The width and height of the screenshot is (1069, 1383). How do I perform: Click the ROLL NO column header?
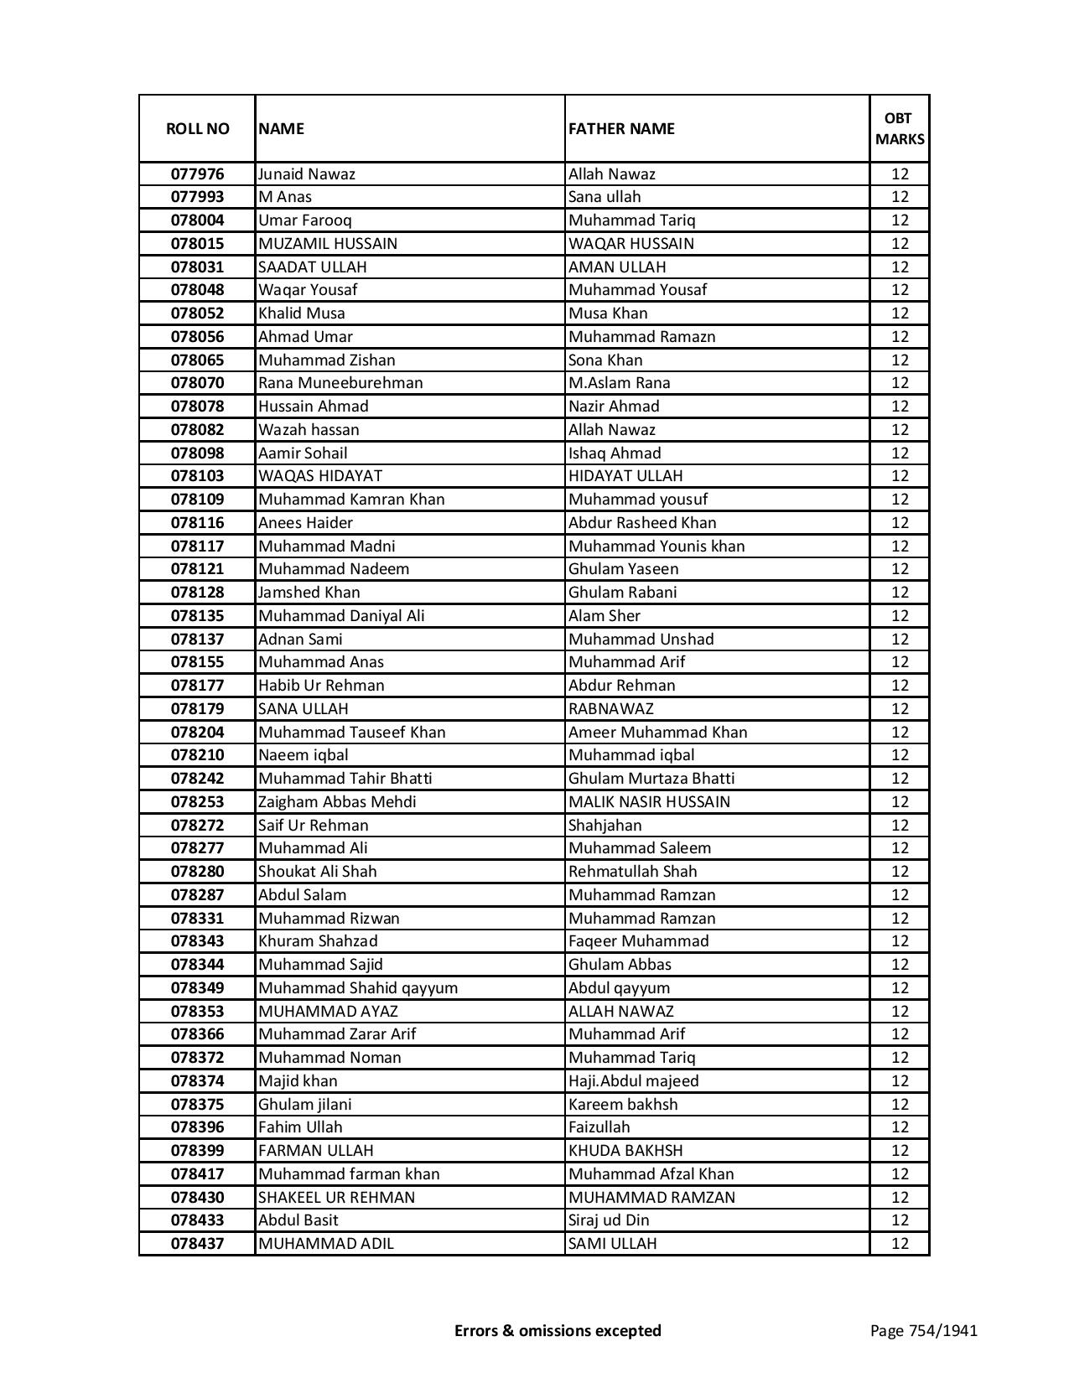tap(197, 128)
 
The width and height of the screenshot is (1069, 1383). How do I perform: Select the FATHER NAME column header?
tap(621, 128)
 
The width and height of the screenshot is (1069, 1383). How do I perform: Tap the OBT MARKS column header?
tap(900, 128)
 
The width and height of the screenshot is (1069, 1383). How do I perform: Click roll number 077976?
tap(197, 174)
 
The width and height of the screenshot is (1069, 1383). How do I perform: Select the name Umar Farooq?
tap(305, 220)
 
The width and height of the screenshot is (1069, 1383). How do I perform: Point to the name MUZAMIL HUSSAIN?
tap(328, 244)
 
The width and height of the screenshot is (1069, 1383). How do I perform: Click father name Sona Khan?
tap(605, 360)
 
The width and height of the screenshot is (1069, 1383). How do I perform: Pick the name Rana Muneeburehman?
tap(340, 383)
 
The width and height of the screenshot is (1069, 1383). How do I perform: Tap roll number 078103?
tap(197, 476)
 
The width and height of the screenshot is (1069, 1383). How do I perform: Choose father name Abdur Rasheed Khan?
tap(642, 523)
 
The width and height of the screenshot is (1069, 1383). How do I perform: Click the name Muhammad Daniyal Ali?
tap(341, 616)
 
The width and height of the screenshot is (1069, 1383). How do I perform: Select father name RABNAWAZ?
tap(611, 709)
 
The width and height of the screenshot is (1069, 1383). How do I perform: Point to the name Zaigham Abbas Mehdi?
tap(337, 802)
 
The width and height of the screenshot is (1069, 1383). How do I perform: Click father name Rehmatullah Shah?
tap(633, 872)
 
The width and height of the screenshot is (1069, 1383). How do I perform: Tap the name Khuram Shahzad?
tap(318, 941)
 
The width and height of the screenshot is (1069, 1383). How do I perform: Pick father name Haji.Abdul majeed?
tap(634, 1081)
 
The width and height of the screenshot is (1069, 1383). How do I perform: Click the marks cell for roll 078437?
tap(900, 1244)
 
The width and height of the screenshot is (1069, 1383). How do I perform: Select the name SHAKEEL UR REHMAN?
tap(336, 1198)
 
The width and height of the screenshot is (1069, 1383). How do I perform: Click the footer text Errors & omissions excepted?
tap(558, 1330)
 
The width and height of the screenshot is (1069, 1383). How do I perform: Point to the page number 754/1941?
tap(924, 1330)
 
